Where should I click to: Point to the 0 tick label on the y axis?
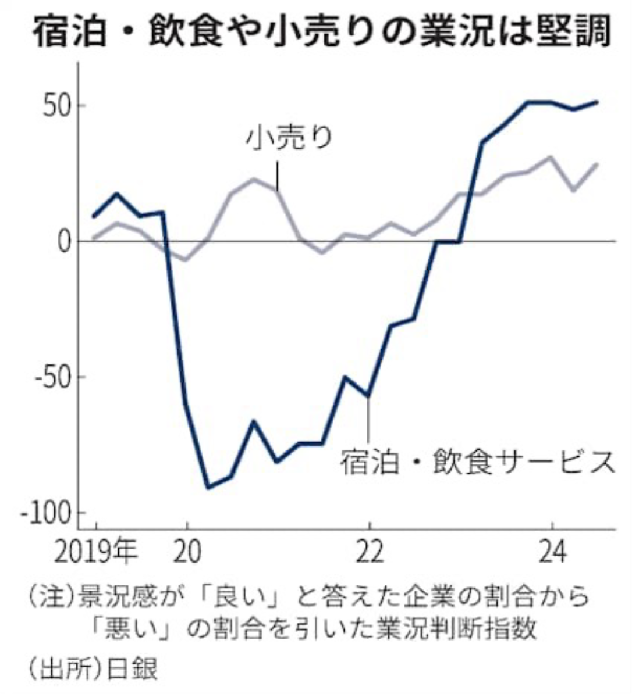coord(63,241)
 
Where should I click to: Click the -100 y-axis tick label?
coord(44,513)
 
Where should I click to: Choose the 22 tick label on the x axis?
coord(369,552)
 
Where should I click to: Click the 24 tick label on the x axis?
coord(552,552)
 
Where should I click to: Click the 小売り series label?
coord(289,138)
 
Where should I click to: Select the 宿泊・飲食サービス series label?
coord(477,463)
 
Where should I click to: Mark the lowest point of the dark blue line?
coord(208,487)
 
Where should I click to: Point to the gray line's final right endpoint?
coord(597,164)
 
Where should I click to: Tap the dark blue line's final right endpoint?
coord(597,102)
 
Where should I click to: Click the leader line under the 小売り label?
coord(278,176)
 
